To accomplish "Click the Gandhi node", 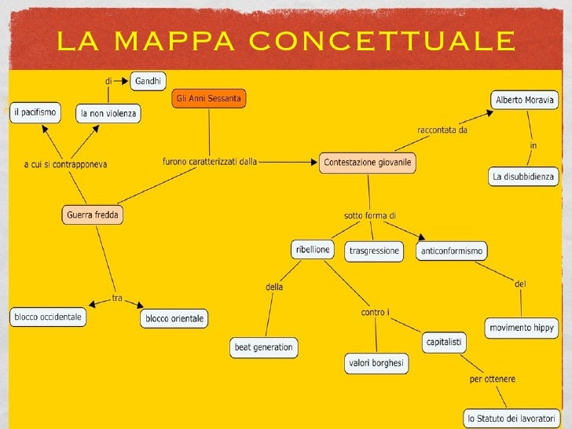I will tap(148, 80).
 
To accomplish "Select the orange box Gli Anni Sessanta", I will tap(208, 99).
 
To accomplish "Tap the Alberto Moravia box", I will tap(524, 100).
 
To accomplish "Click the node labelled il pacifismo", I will tap(35, 113).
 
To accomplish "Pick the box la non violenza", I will tap(108, 113).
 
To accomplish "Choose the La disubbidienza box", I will tap(523, 177).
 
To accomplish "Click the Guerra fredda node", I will tap(93, 214).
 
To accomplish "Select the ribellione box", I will tap(312, 250).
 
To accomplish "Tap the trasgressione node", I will tap(374, 251).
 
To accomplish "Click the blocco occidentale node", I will tap(46, 317).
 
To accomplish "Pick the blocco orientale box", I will tap(174, 318).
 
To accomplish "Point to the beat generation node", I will tap(263, 346).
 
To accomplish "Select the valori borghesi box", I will tap(376, 363).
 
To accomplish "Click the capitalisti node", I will tap(444, 342).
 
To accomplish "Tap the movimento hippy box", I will tap(521, 328).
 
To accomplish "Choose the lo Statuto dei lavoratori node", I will tap(511, 418).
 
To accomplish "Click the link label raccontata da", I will tap(442, 130).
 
